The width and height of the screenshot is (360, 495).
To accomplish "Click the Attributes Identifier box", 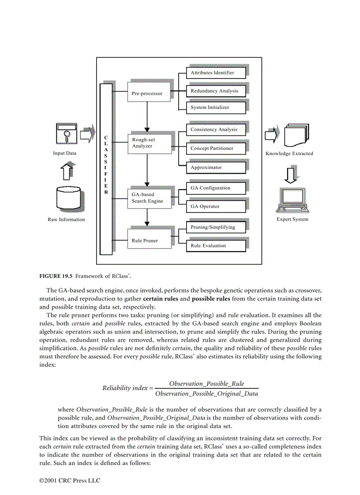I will coord(216,73).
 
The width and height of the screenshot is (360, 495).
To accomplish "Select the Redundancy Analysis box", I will coord(216,91).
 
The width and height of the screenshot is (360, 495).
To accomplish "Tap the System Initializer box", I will coord(216,107).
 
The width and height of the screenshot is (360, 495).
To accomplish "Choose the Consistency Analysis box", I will coord(216,130).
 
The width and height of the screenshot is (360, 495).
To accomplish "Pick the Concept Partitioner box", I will coord(216,148).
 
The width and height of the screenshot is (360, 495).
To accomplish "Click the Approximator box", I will coord(216,167).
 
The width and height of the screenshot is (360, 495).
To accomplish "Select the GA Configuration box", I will coord(216,188).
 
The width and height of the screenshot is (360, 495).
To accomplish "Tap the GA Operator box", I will coord(216,206).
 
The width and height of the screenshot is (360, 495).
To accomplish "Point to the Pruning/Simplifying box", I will coord(216,227).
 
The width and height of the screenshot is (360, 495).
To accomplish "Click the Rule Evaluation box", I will coord(216,246).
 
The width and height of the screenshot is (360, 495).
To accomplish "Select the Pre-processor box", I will coord(148,93).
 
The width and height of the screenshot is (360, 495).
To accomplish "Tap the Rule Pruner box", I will coord(148,241).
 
